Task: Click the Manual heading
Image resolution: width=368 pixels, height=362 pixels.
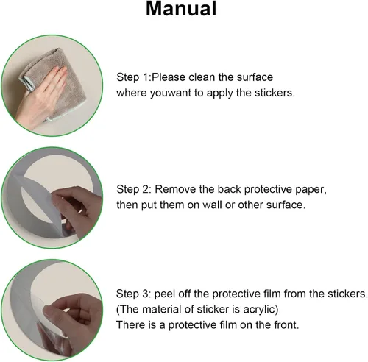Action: pos(181,9)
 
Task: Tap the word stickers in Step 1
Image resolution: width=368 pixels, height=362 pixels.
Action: pos(275,93)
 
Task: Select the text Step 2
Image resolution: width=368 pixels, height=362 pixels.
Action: pos(134,189)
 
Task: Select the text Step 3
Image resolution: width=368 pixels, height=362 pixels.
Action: pos(134,294)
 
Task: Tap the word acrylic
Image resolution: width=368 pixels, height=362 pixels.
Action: pos(261,310)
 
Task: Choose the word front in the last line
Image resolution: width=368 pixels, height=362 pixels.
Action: pos(286,325)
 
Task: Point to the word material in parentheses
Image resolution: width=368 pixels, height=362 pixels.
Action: pos(162,310)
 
